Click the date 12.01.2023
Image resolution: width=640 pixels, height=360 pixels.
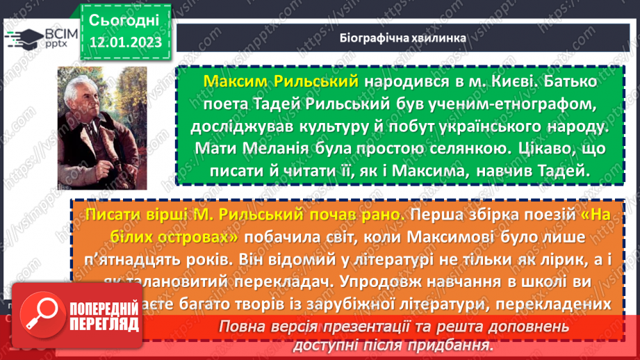click(x=126, y=42)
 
